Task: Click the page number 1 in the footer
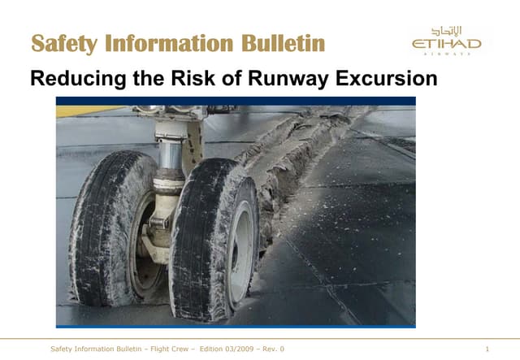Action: [x=485, y=349]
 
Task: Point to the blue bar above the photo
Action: [x=236, y=100]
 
